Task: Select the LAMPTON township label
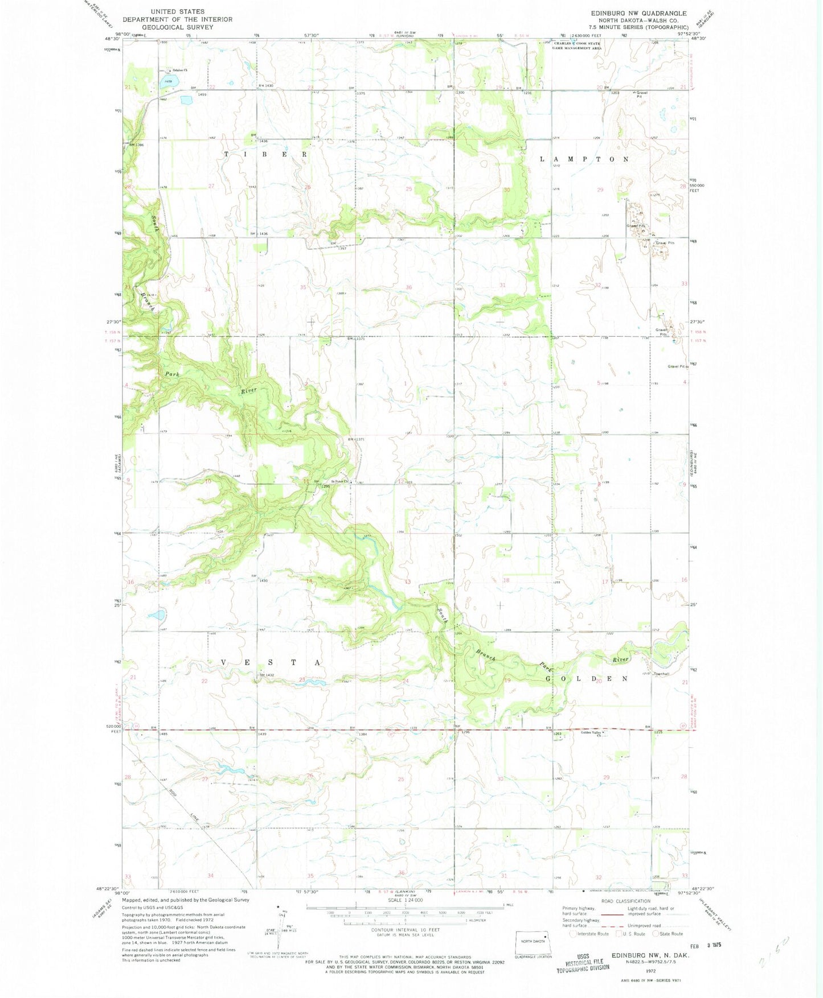584,159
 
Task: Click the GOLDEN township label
587,679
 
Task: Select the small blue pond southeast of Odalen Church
186,100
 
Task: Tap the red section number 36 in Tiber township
408,287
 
